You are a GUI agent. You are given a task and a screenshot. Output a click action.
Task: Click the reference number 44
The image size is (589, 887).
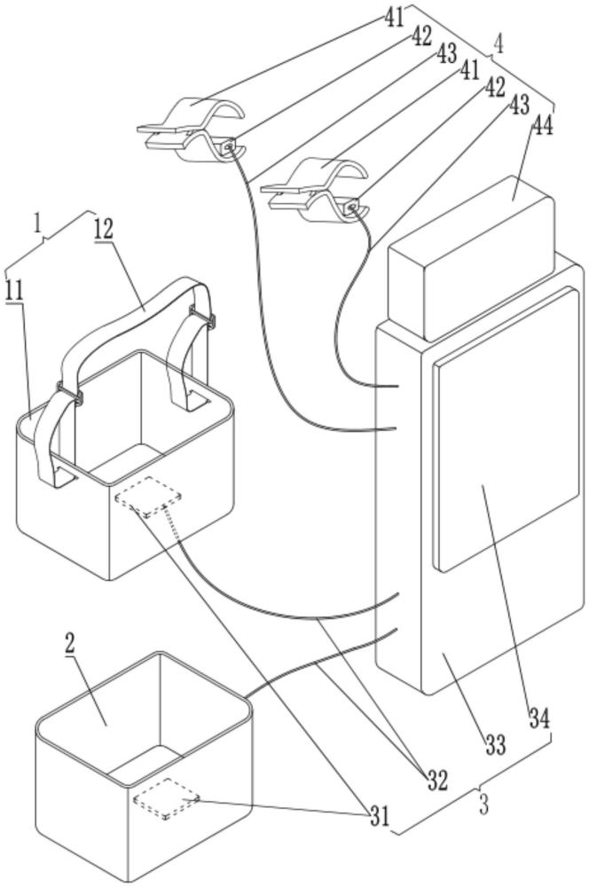tap(541, 127)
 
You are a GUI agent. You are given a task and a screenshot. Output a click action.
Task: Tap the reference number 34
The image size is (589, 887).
tap(539, 718)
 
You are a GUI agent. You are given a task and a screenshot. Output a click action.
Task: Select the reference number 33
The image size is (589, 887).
tap(496, 745)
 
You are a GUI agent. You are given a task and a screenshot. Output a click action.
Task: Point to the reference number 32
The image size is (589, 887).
tap(436, 781)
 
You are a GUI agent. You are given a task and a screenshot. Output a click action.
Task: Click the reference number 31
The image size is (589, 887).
tap(380, 816)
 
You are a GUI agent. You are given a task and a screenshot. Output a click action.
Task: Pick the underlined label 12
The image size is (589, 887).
tap(104, 229)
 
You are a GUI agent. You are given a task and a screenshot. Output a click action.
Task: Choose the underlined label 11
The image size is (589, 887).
tap(15, 290)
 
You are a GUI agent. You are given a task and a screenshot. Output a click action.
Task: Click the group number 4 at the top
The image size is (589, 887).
tap(499, 43)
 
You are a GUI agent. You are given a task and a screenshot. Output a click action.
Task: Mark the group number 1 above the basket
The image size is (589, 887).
tap(38, 224)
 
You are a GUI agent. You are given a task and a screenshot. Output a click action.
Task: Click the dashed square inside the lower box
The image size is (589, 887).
tap(167, 798)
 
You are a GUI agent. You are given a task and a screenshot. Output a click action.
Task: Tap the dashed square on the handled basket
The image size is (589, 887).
tap(148, 497)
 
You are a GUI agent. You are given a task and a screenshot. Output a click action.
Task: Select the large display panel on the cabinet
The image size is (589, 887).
tap(506, 429)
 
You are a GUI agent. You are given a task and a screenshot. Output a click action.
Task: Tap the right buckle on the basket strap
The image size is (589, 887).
tap(203, 317)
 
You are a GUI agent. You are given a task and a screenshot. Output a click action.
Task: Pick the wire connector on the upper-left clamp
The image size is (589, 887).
tap(228, 146)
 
